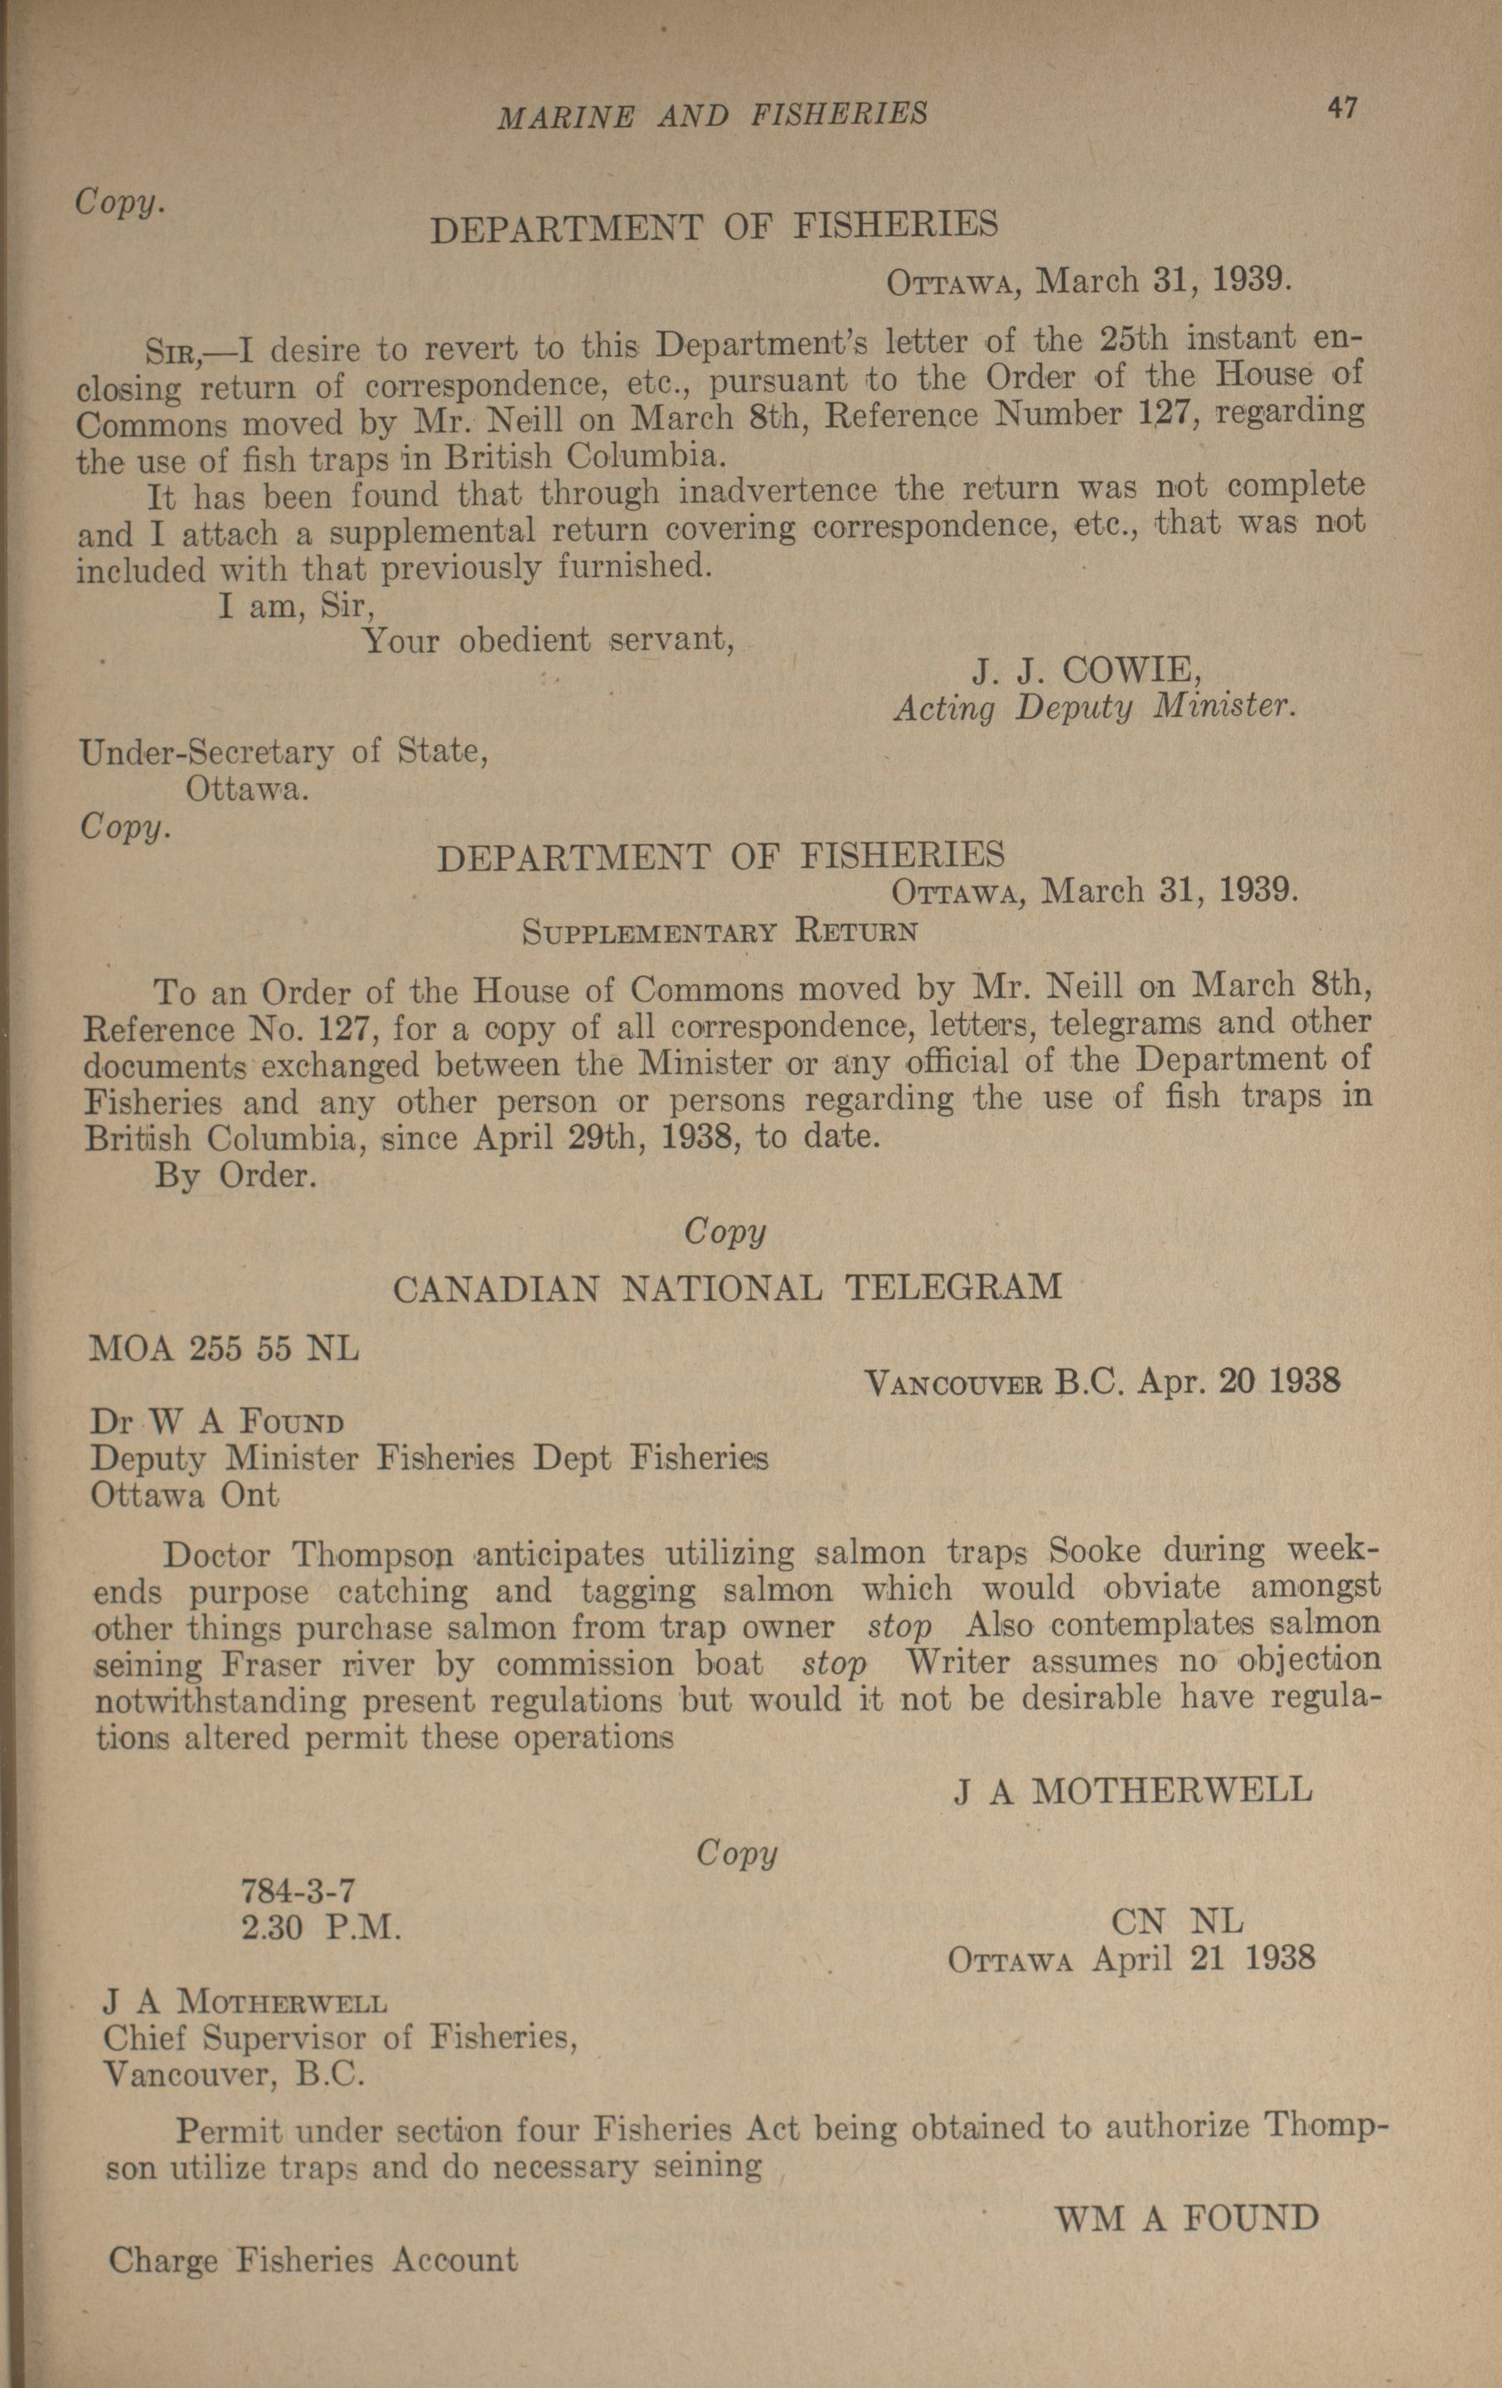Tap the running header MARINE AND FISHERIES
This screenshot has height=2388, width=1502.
[712, 115]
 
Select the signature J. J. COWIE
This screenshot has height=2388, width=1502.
[1088, 671]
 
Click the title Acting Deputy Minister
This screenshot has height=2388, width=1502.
[1095, 708]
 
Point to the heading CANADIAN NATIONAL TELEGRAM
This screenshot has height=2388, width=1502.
[727, 1288]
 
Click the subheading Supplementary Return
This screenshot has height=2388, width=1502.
[720, 932]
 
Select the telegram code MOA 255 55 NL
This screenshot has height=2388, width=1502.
[224, 1349]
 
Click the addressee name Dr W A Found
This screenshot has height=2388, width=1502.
[217, 1422]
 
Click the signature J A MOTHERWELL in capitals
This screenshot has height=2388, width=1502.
[1133, 1789]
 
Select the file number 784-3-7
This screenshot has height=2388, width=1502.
[298, 1893]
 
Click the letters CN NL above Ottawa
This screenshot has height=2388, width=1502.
[1176, 1921]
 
